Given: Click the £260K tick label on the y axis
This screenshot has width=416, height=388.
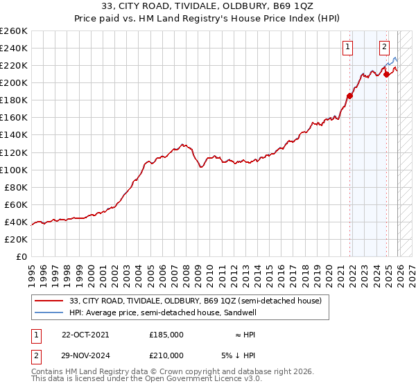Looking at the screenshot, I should [x=14, y=31].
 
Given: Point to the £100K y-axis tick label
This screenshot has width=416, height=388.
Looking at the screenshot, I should [x=14, y=170].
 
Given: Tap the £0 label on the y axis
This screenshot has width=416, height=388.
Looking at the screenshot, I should [x=22, y=256].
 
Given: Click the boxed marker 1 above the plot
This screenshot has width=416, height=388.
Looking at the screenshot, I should [x=347, y=47].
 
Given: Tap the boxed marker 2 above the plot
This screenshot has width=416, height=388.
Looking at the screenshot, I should [x=383, y=47].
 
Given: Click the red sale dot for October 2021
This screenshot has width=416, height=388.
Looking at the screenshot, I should [x=349, y=96].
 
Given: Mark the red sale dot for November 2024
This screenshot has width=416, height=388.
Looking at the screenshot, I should [x=386, y=74].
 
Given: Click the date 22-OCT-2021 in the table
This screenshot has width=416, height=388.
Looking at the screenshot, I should [x=85, y=334].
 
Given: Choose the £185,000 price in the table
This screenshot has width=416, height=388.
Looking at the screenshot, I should [x=166, y=334].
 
